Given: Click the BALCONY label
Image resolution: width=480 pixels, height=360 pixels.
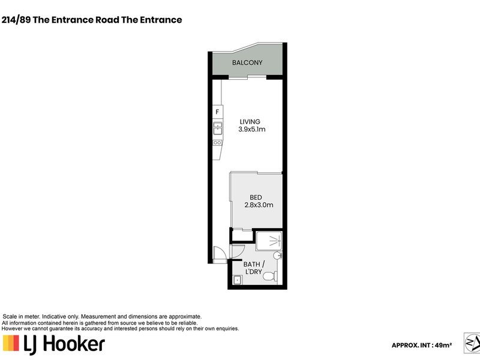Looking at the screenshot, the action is point(247,63).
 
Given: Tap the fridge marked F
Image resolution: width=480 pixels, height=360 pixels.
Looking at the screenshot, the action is point(217,112).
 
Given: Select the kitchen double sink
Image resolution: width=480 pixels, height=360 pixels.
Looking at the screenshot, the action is point(218,128).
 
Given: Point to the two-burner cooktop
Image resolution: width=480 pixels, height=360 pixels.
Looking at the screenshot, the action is point(217,143).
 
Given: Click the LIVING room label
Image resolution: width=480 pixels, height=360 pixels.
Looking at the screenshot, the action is point(250,122).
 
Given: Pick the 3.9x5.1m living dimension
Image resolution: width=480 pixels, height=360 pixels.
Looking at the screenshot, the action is point(251,129).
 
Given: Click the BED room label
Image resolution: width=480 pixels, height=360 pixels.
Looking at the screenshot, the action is point(256,197).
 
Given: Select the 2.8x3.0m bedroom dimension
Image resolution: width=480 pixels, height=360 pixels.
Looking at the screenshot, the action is point(259,205).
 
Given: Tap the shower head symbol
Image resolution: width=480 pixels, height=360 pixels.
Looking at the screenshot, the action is point(275,242).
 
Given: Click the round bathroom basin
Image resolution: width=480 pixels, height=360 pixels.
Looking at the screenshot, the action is point(277,256).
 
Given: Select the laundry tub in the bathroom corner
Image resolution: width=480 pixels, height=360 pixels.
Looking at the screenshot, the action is point(238,280).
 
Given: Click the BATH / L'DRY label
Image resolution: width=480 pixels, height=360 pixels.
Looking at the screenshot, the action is point(254,268).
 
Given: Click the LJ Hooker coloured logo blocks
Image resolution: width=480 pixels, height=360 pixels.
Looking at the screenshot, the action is point(11,343).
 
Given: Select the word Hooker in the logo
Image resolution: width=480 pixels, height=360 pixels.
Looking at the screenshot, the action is point(74,343).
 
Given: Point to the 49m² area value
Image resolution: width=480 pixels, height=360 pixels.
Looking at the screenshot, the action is point(443,345).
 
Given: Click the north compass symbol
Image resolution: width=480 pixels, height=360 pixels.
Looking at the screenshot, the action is point(472,343).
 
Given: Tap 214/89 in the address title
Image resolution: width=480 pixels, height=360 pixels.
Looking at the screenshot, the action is point(16,20).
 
